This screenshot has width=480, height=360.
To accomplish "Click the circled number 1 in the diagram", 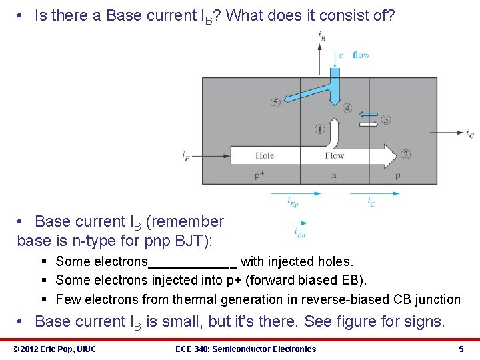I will coord(319,129).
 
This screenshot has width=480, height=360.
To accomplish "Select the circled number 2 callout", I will coord(405,155).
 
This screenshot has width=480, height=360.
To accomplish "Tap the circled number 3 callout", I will coord(385,119).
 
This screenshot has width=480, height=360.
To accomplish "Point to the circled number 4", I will coord(347,108).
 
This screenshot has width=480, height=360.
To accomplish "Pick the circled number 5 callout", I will coord(275,102).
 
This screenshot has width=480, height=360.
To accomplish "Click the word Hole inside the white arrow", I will coord(264,155).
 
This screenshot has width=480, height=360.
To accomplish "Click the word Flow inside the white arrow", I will coord(334,155).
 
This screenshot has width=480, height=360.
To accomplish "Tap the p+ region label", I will coord(259,175).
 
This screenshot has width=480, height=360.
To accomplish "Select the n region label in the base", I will coord(333,175).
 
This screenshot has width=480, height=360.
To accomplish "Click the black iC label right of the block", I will coord(470,133).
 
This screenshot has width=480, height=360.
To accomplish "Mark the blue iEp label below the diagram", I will coord(293,202).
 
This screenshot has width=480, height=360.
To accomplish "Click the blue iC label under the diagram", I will coord(371,202).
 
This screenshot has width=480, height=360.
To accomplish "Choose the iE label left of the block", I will coord(185,156).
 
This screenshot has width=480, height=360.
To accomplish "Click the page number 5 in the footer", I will coord(461,349).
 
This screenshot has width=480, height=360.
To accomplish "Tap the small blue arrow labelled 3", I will coord(367,113).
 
